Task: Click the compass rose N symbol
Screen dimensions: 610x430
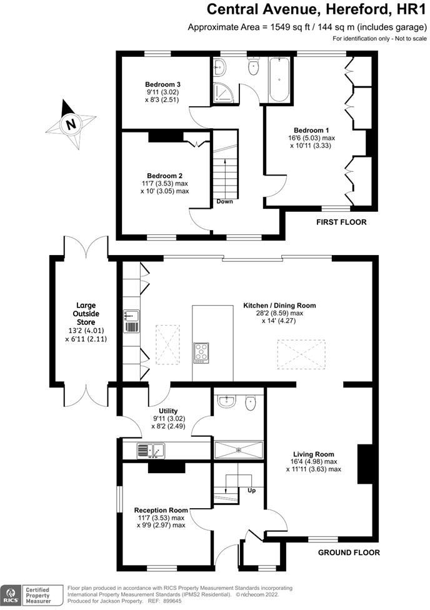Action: pos(71,124)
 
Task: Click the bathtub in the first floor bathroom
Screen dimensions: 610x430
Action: pos(279,80)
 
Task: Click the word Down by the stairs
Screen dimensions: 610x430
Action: pos(225,201)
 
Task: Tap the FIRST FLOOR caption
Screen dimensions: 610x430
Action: pos(341,222)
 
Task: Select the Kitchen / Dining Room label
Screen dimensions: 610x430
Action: pos(279,306)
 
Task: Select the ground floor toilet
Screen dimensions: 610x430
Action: pos(250,402)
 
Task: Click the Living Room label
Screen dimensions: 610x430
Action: pos(314,454)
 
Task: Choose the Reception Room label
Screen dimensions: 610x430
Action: pos(161,510)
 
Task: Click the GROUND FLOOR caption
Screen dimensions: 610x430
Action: pos(349,552)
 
